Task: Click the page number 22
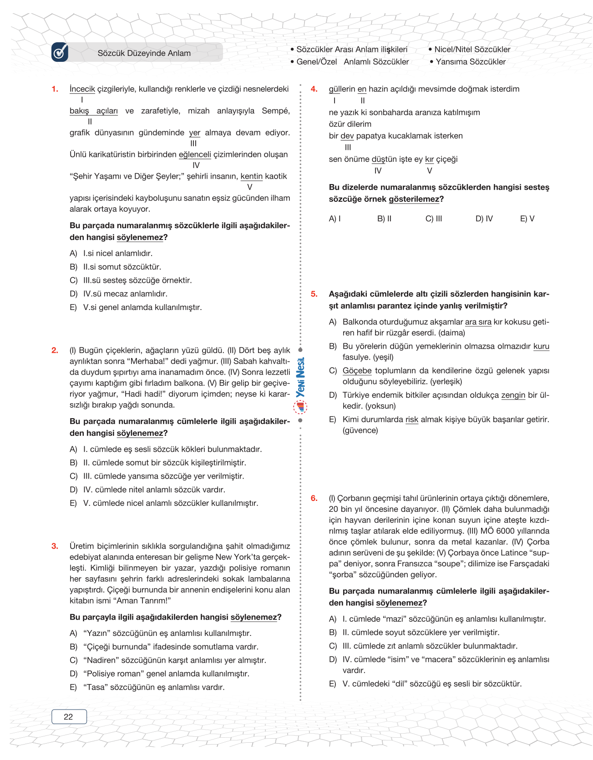69,717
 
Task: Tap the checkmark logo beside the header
60,52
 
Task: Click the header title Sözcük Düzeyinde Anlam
144,53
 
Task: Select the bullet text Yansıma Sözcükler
471,62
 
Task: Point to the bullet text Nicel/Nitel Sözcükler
472,50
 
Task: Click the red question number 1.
55,89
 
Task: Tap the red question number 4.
314,89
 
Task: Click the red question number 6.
314,498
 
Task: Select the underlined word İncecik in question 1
82,89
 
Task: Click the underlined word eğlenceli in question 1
195,155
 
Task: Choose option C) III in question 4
434,219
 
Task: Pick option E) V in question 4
527,219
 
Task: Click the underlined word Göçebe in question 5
357,371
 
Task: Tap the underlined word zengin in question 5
513,395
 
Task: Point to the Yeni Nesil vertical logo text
300,377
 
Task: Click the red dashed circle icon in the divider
300,407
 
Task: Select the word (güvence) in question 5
360,430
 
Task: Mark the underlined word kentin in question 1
251,176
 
